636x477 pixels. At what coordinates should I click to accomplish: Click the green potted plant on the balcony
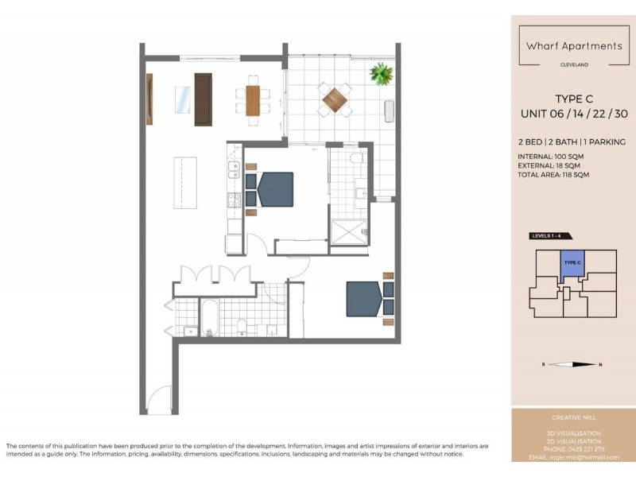(x=382, y=74)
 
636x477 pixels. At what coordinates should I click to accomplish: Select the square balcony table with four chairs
(x=335, y=99)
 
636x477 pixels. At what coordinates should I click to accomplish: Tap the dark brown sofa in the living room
(x=204, y=99)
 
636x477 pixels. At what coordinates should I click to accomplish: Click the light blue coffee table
(x=183, y=99)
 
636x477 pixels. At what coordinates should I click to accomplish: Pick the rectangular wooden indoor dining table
(x=253, y=100)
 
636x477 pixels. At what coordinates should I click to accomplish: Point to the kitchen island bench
(x=185, y=182)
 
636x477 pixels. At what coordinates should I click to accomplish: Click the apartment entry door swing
(x=159, y=400)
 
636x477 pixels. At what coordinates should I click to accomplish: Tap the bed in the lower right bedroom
(x=364, y=298)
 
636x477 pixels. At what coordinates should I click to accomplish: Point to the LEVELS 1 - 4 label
(x=550, y=236)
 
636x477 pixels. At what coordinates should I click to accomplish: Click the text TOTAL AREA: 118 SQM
(x=553, y=174)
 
